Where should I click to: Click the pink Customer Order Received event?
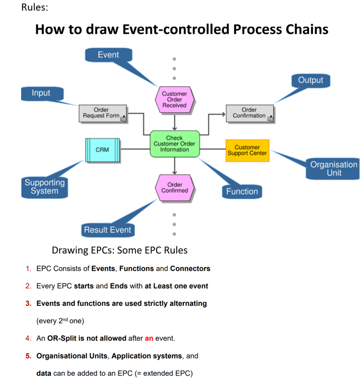click(x=174, y=99)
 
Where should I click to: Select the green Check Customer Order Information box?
click(x=174, y=144)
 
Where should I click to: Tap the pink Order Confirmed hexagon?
click(x=175, y=187)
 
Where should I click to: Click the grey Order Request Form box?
click(x=102, y=113)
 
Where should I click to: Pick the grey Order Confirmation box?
click(x=250, y=113)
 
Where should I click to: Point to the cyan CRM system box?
click(x=102, y=150)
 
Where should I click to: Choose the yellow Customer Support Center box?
click(x=247, y=150)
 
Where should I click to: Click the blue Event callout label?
click(x=108, y=55)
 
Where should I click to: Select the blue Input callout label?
click(x=41, y=94)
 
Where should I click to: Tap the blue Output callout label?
click(x=310, y=80)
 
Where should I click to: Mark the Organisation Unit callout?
click(x=333, y=169)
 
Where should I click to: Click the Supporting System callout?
click(x=44, y=186)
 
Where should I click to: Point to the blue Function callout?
click(x=242, y=192)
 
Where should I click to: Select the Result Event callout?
click(x=107, y=230)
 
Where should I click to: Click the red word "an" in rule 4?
click(x=149, y=338)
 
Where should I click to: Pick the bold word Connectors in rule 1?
click(x=190, y=269)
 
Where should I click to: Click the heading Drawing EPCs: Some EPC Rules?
click(x=120, y=250)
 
